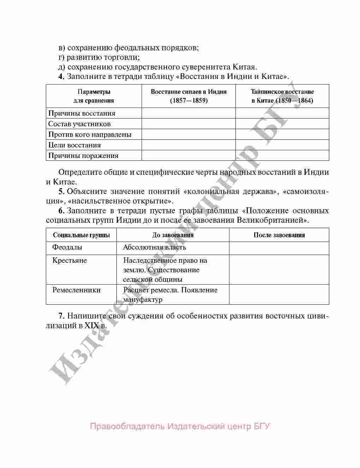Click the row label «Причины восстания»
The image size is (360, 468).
pos(82,113)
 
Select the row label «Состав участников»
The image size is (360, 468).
pos(79,124)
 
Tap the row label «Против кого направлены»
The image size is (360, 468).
pos(90,134)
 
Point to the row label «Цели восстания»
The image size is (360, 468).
pos(74,145)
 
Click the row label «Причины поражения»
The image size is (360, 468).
pos(83,156)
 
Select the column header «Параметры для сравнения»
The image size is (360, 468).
pos(94,96)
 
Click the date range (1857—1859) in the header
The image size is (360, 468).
pos(189,101)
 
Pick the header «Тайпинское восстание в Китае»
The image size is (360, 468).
pos(282,96)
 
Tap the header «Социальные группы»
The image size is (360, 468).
pos(81,235)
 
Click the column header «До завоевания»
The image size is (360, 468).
pos(173,235)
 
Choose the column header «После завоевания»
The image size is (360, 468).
pos(279,235)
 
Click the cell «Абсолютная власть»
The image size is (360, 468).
pos(154,247)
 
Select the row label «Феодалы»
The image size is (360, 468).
pos(67,247)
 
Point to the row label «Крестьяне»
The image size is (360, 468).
pos(70,261)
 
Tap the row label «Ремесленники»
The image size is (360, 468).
pos(76,290)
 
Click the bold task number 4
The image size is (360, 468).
pos(61,77)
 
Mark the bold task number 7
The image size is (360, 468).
pos(61,316)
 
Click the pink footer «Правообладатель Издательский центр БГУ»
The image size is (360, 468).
pos(180,426)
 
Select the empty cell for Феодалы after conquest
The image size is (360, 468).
pos(279,248)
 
